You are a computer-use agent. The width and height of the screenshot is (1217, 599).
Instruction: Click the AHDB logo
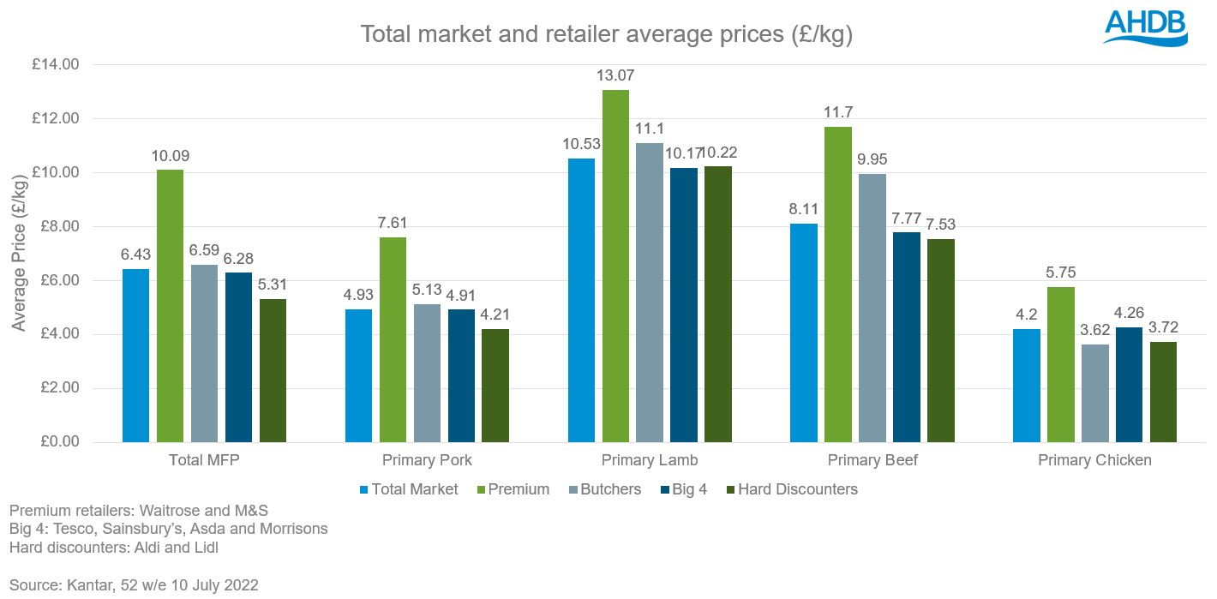[1144, 27]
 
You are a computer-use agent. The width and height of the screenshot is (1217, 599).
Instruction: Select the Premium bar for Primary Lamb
[615, 266]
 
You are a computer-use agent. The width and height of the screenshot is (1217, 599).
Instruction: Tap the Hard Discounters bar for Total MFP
[273, 370]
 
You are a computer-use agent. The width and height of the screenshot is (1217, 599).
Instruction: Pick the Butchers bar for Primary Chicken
[1094, 393]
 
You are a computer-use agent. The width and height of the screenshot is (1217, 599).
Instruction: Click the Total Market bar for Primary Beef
[804, 332]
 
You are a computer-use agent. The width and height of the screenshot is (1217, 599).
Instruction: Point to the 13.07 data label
[615, 76]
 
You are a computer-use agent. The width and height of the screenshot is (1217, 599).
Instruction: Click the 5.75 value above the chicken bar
[1060, 273]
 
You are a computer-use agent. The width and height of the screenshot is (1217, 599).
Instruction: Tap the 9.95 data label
[872, 160]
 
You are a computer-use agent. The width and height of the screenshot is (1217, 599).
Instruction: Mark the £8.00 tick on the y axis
[56, 226]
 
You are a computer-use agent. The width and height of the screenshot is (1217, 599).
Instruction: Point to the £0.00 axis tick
[56, 442]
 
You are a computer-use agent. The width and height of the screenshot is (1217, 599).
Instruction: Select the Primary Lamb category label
[650, 460]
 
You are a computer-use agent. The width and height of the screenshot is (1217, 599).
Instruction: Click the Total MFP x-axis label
[204, 460]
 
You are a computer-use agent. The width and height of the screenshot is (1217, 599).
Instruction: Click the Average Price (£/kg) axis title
[19, 254]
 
